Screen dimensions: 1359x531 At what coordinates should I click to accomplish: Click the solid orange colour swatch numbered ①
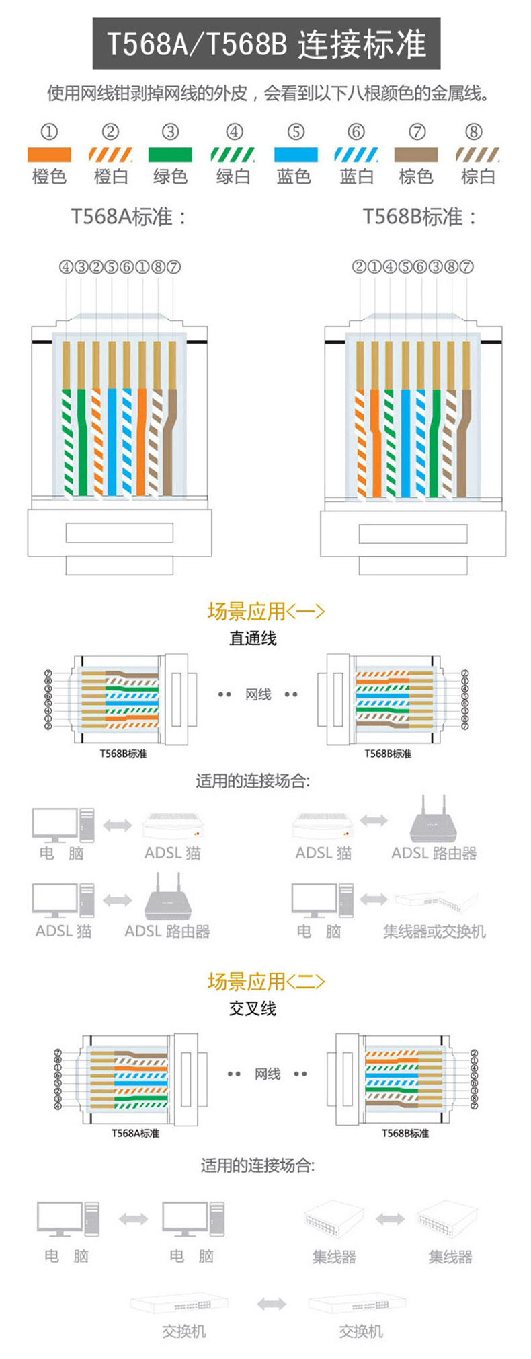point(49,155)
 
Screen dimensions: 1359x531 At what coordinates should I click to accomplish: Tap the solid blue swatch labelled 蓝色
point(296,155)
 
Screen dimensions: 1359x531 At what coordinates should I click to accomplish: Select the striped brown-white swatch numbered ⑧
point(477,155)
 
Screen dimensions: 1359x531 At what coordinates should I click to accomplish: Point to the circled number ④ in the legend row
point(234,132)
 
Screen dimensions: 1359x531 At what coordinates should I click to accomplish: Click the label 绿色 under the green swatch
point(170,177)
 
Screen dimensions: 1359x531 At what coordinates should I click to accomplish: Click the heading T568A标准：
point(128,217)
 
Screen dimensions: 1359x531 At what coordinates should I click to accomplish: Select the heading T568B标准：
point(420,217)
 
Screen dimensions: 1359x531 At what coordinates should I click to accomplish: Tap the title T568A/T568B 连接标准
point(266,44)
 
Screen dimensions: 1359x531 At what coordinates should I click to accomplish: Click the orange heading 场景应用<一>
point(266,611)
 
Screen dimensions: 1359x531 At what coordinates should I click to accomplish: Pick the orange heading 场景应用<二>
point(266,982)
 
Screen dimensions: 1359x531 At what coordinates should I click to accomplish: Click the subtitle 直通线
point(253,638)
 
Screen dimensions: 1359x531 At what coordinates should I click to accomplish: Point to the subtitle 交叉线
point(253,1008)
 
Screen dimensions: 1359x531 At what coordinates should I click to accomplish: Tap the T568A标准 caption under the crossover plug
point(135,1134)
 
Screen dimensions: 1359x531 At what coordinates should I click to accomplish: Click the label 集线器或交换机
point(434,932)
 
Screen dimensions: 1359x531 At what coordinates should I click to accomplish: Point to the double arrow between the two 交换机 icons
point(271,1304)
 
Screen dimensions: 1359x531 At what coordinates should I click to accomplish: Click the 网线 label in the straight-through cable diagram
point(258,694)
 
